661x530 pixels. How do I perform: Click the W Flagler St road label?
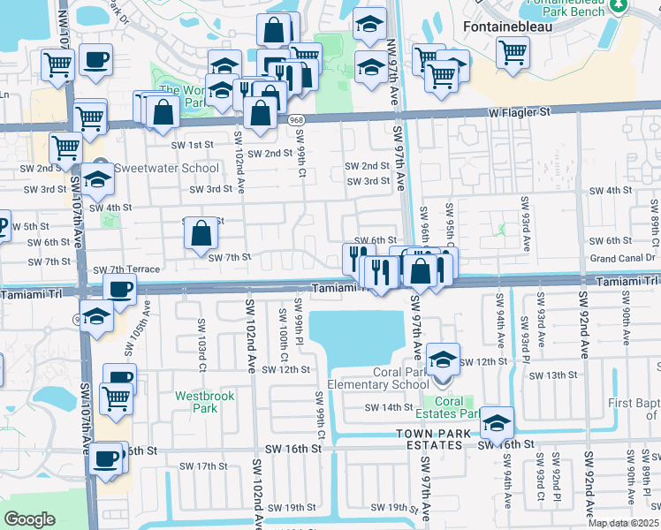point(520,113)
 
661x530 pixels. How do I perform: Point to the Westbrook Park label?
point(204,402)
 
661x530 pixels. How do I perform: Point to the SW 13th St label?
point(553,375)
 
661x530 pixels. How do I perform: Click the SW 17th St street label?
point(203,466)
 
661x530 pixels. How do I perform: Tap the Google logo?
point(29,519)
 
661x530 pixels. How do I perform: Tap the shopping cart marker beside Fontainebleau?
point(513,51)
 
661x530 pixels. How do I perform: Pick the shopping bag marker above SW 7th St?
point(201,234)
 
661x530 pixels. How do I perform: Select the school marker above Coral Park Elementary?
point(442,359)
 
